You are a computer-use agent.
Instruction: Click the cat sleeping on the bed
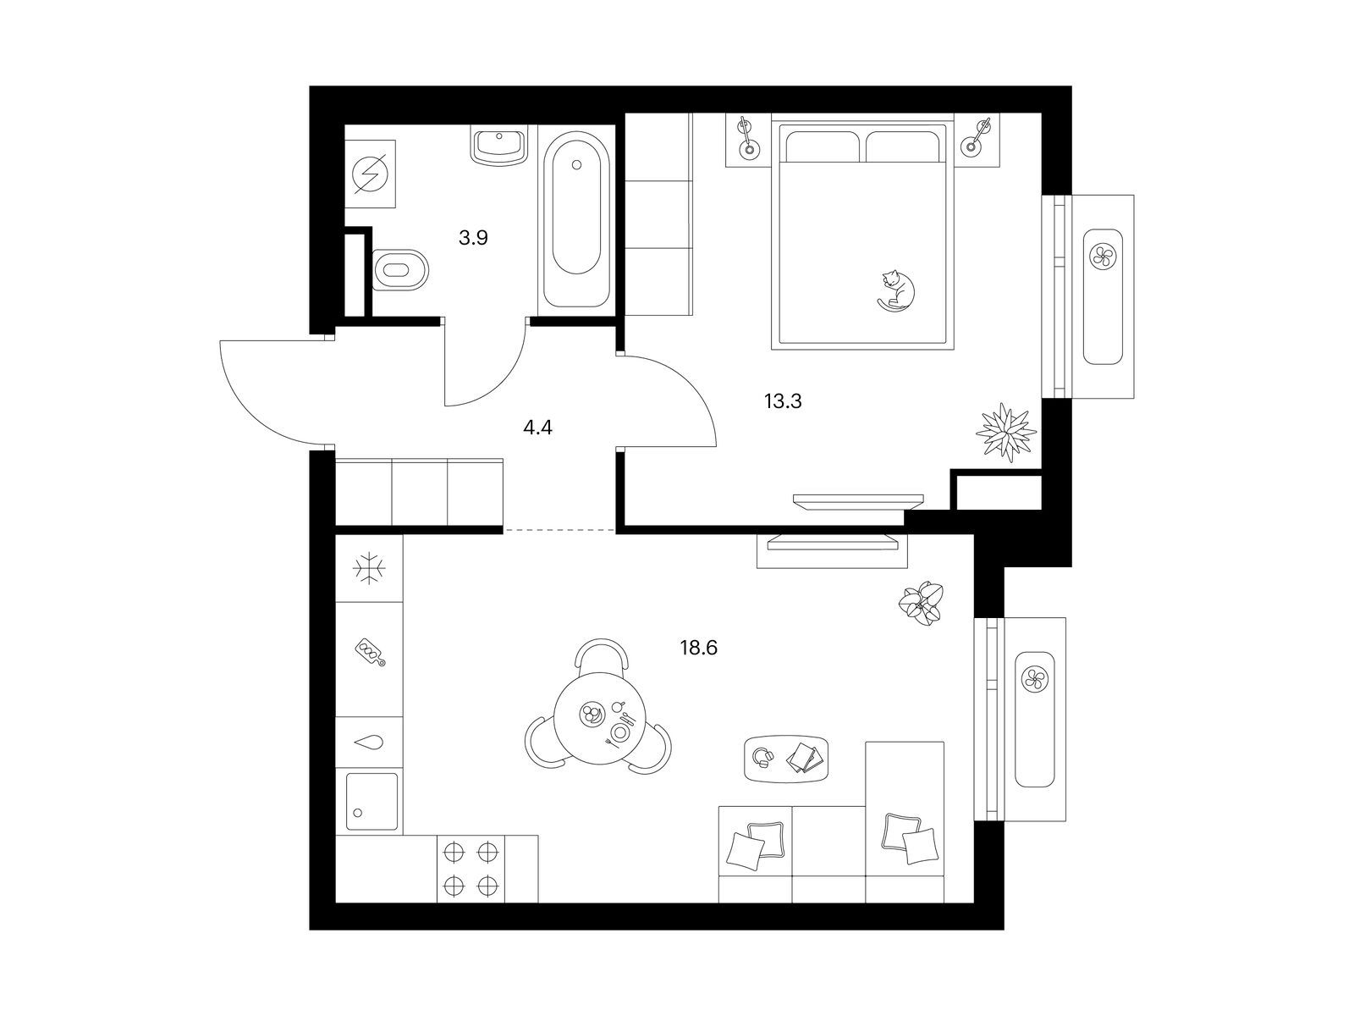click(895, 290)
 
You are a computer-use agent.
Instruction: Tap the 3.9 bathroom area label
click(473, 238)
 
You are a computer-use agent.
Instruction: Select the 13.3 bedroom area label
click(783, 401)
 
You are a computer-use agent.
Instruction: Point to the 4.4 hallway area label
click(537, 428)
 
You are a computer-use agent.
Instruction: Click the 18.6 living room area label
click(699, 648)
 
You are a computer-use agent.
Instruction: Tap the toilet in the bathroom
click(401, 270)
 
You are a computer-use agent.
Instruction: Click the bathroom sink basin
click(499, 145)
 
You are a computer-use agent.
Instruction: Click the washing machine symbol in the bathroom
click(370, 174)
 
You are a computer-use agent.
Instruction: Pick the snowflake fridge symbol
click(369, 567)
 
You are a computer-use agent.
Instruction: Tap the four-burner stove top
click(471, 869)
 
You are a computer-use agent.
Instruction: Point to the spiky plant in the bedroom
click(1005, 431)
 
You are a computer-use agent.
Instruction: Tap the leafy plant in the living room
click(921, 604)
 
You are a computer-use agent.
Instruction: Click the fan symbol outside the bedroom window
click(1103, 256)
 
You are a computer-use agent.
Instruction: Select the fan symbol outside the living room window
click(1034, 679)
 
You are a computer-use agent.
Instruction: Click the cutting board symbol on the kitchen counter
click(370, 654)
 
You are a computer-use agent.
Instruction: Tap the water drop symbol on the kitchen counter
click(370, 743)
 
